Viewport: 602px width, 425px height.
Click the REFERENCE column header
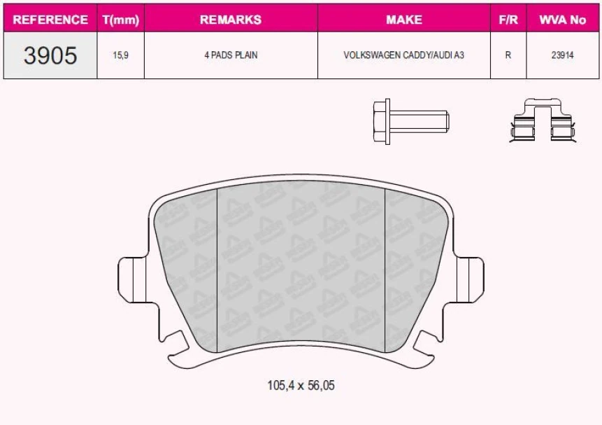[50, 20]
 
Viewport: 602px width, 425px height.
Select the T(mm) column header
[121, 20]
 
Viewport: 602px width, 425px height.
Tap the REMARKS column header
[231, 20]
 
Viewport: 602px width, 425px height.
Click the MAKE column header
[403, 20]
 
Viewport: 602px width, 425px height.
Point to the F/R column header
[508, 20]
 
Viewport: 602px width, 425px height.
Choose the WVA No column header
[562, 20]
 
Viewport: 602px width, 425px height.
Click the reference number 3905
[50, 55]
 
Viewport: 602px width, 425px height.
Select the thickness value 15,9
[121, 55]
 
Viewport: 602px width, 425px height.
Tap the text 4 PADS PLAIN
[231, 55]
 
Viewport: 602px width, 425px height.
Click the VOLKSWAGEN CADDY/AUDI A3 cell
[403, 55]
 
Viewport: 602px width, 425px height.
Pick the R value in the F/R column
[508, 55]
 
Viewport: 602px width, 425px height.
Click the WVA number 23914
[562, 55]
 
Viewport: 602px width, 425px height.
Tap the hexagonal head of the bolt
[382, 121]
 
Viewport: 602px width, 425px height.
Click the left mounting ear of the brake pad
[133, 278]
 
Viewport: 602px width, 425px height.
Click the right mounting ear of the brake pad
[469, 278]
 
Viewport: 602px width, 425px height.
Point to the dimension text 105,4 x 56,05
[301, 385]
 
